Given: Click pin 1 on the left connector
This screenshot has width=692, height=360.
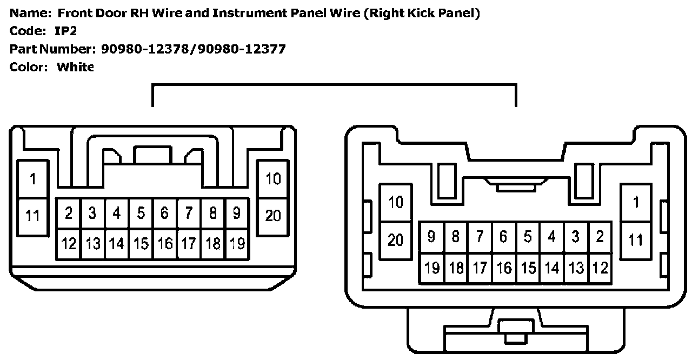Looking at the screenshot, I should click(33, 179).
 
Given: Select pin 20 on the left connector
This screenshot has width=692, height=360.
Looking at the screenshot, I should click(273, 216).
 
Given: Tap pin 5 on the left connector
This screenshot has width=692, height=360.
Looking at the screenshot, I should click(141, 213).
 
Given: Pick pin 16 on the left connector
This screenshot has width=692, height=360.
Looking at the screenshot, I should click(164, 243).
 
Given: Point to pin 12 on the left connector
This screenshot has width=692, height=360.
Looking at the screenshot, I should click(69, 243).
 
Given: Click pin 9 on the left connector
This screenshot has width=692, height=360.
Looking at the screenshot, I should click(236, 213).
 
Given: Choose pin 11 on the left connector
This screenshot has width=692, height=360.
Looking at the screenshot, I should click(33, 216).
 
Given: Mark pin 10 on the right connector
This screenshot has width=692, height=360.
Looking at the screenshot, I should click(396, 202).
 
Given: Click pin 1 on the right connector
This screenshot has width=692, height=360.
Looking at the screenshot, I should click(636, 202).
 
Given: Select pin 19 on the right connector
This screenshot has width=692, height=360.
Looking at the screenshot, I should click(432, 268).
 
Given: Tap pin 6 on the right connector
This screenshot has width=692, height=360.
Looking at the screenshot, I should click(503, 237).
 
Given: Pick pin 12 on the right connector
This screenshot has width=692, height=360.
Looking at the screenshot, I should click(600, 268).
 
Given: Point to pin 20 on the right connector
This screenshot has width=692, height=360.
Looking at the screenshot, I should click(396, 239).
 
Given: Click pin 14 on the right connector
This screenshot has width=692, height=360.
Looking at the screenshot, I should click(551, 268).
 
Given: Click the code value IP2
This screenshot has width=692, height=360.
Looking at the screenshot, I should click(65, 31).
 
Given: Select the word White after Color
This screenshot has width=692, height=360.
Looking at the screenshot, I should click(75, 67).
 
